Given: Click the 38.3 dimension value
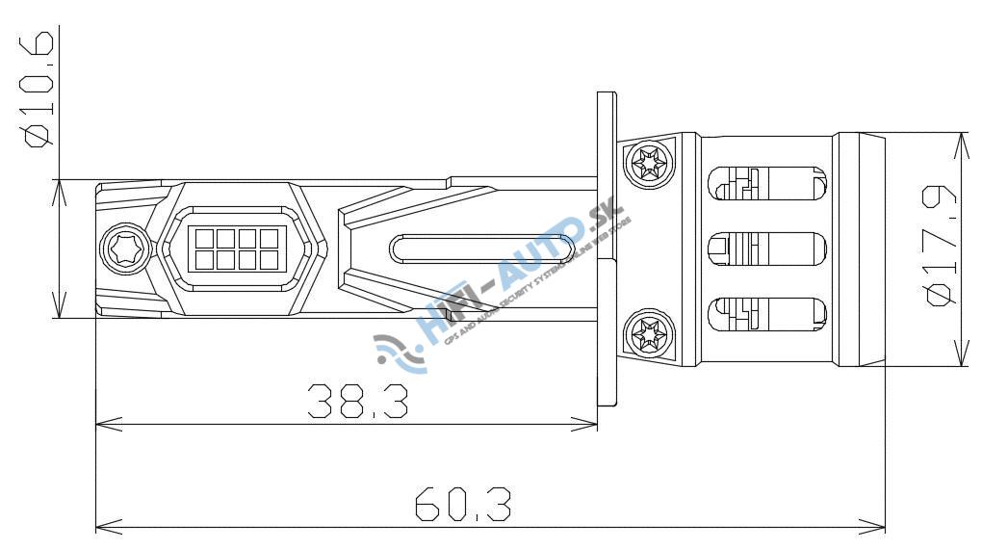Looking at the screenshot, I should click(x=356, y=402).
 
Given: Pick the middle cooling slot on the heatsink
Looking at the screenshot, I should click(x=766, y=249).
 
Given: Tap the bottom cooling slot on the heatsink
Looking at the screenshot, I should click(x=766, y=315).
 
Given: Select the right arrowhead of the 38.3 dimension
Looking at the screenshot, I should click(x=589, y=421).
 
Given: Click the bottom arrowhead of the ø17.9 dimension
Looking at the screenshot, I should click(x=963, y=358).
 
